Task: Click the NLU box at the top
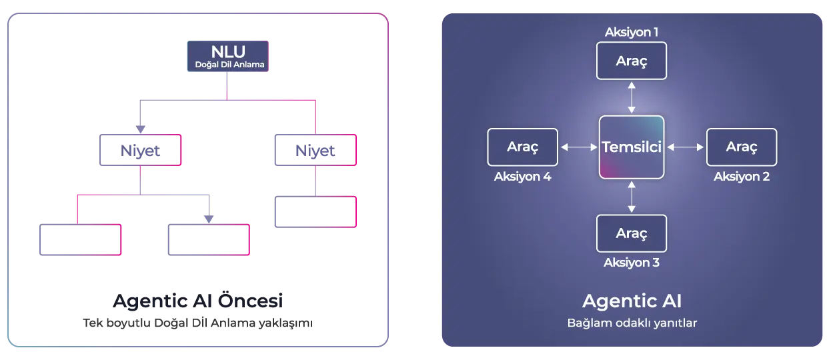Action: click(x=228, y=57)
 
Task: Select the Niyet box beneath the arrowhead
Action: click(x=140, y=150)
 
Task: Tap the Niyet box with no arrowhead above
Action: click(x=315, y=150)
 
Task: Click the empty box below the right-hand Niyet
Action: click(x=315, y=212)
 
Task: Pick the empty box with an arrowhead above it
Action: click(x=209, y=240)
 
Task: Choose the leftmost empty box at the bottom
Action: click(x=81, y=240)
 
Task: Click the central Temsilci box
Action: click(x=632, y=147)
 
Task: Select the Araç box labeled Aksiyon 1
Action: click(x=632, y=61)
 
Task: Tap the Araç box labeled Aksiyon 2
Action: click(x=742, y=147)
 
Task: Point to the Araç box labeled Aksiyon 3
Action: click(x=632, y=233)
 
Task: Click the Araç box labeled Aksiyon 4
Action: click(x=522, y=147)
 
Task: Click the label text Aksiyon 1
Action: click(x=632, y=32)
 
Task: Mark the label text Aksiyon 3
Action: click(x=632, y=263)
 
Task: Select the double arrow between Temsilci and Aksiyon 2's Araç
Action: click(x=685, y=147)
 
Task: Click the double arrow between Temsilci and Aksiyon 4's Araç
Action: click(x=579, y=147)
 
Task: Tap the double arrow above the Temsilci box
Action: click(x=632, y=97)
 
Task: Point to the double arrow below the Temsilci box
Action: click(x=632, y=197)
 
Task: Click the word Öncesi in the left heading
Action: click(x=250, y=300)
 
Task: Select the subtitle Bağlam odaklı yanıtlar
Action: click(x=632, y=323)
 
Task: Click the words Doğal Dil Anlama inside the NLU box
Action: click(x=229, y=65)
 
